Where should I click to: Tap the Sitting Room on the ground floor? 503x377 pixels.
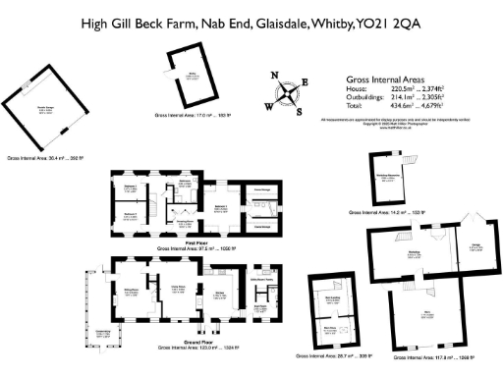pos(129,291)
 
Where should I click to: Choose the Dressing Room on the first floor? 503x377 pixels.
pos(184,221)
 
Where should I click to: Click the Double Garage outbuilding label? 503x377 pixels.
pos(44,110)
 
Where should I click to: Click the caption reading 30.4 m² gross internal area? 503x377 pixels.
pos(44,157)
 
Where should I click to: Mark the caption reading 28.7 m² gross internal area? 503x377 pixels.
pos(338,357)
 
